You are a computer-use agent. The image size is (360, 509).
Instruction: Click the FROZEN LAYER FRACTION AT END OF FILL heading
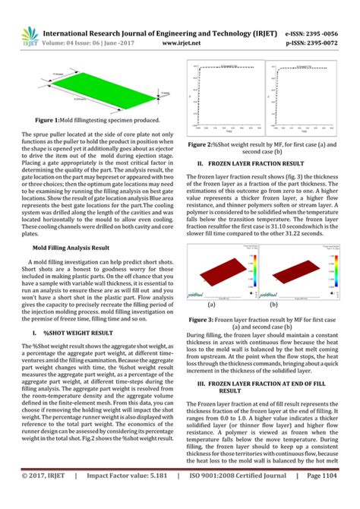[x=266, y=388]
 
